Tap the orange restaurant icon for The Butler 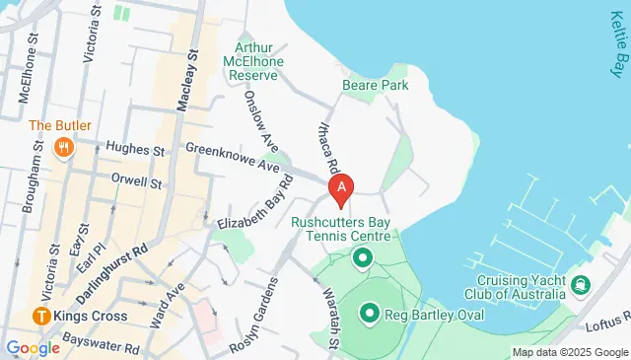tap(64, 149)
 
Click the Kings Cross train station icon tap(41, 317)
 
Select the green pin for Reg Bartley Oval tap(370, 314)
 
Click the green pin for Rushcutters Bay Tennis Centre tap(361, 258)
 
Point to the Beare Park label tap(368, 86)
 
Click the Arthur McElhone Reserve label tap(258, 62)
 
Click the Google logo tap(33, 347)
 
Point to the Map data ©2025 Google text tap(569, 352)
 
